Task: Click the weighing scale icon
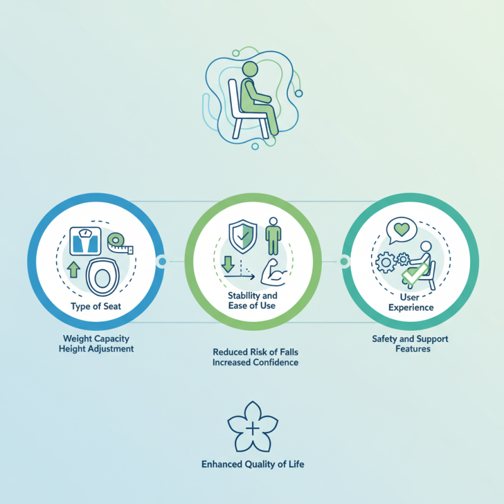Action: click(x=86, y=241)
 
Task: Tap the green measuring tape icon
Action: click(x=120, y=243)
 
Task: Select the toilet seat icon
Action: click(x=103, y=277)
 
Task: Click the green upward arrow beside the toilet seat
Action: click(x=74, y=270)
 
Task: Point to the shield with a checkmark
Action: click(x=243, y=237)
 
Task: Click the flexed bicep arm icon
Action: click(x=274, y=272)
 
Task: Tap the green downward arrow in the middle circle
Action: click(x=228, y=264)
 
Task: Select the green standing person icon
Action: click(x=273, y=236)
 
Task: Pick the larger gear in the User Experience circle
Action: click(x=386, y=263)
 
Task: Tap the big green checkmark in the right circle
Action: click(x=415, y=274)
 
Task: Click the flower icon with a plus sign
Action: click(x=253, y=427)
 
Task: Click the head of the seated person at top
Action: click(x=249, y=69)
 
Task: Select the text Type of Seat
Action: click(x=96, y=306)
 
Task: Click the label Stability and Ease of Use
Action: click(x=253, y=301)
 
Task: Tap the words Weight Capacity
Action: click(x=96, y=338)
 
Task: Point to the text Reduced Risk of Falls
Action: click(x=256, y=352)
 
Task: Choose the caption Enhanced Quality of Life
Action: click(x=253, y=464)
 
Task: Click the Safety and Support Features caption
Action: click(x=410, y=343)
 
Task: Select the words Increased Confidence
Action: click(x=256, y=362)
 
